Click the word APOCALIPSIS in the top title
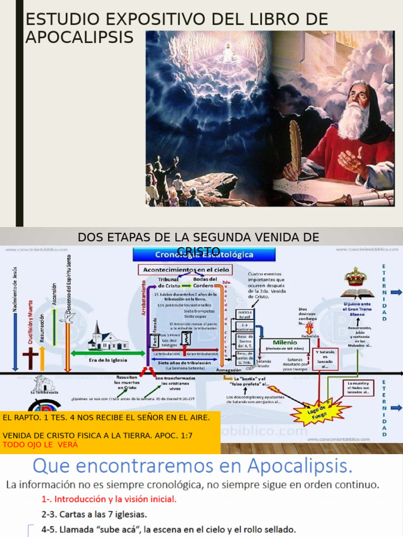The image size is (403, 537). point(79,37)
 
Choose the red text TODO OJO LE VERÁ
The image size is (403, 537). point(40,445)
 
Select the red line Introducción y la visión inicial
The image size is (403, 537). point(109,499)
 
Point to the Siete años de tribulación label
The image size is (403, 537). point(184,362)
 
